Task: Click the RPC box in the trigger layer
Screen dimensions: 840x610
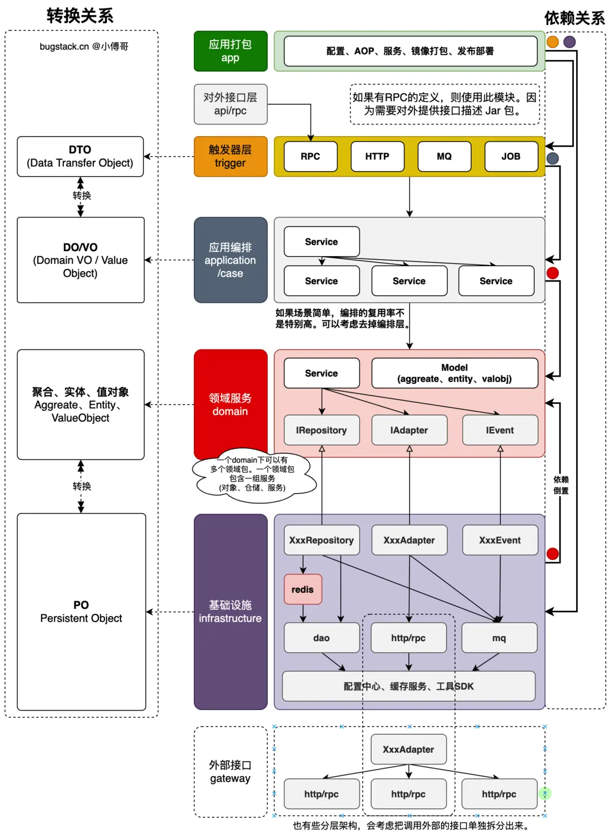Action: click(x=310, y=156)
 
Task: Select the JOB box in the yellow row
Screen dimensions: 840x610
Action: click(x=511, y=156)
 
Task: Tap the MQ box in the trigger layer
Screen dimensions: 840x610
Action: click(x=444, y=156)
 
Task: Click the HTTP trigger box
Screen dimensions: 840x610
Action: click(x=377, y=156)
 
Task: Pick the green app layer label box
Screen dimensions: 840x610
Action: click(x=231, y=51)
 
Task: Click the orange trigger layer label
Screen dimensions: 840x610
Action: click(x=231, y=157)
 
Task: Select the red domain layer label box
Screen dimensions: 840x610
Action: click(x=231, y=404)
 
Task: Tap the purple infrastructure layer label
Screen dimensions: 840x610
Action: click(x=231, y=611)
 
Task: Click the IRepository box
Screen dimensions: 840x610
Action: click(x=322, y=430)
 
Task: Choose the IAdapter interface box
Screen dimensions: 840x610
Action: click(x=409, y=430)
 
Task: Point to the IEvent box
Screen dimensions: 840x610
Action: click(x=500, y=430)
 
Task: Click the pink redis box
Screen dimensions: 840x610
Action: click(x=303, y=589)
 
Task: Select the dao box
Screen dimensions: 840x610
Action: click(x=322, y=638)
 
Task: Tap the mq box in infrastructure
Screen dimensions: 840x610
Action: click(x=499, y=638)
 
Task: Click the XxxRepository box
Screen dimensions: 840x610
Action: click(x=322, y=540)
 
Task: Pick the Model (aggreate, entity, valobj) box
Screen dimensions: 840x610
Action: click(x=454, y=373)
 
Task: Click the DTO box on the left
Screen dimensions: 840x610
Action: click(x=80, y=157)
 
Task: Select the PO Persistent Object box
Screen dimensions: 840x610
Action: click(x=81, y=611)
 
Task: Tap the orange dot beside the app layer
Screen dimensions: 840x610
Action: click(x=553, y=42)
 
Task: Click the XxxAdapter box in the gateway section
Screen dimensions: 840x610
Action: click(x=408, y=749)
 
